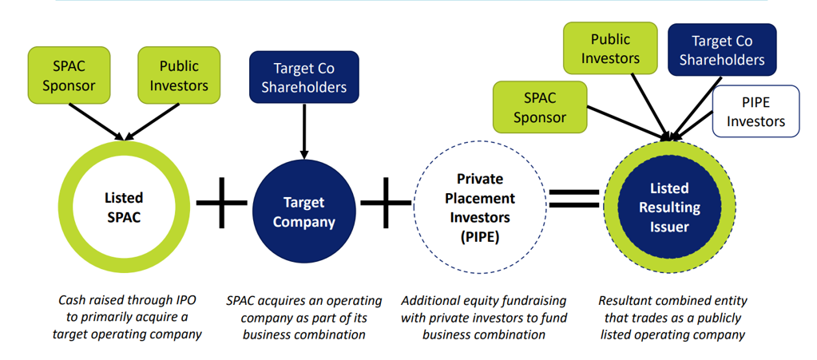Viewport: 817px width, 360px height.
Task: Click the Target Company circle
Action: point(303,212)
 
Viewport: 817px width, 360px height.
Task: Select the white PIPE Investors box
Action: point(756,112)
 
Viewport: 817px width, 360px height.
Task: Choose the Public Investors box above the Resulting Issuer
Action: point(610,49)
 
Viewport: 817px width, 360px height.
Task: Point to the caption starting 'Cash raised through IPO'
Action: point(127,317)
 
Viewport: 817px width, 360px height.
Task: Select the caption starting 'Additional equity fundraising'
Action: point(484,317)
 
